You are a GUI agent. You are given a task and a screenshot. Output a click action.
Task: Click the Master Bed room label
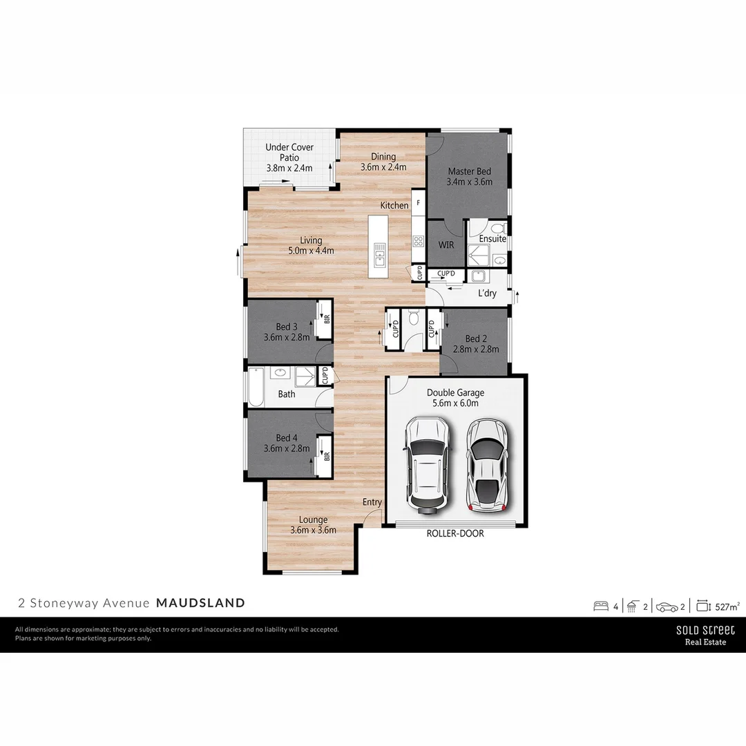point(470,171)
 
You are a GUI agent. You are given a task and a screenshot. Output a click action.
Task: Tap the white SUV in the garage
point(429,463)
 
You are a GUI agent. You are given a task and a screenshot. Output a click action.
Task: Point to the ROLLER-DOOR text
point(455,533)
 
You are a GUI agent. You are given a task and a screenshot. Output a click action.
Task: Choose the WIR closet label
point(446,244)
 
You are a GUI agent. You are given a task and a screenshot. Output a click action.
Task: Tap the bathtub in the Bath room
point(256,388)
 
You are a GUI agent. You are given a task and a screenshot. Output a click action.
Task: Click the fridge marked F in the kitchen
point(418,203)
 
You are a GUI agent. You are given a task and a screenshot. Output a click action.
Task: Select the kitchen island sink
point(379,254)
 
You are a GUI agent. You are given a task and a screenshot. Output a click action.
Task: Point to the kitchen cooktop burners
point(418,241)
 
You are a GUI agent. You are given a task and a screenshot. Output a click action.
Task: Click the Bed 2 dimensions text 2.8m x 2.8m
point(476,350)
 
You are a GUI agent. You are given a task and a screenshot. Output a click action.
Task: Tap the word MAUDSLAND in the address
point(200,603)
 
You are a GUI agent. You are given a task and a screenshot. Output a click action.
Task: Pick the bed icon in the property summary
point(601,606)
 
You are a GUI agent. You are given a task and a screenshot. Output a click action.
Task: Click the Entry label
point(372,502)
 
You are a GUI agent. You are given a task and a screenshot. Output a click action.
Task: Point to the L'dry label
point(487,294)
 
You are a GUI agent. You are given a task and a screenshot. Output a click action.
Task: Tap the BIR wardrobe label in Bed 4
point(327,455)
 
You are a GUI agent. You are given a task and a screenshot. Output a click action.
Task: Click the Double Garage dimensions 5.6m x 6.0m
point(455,403)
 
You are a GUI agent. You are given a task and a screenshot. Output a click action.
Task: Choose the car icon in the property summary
point(667,606)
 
